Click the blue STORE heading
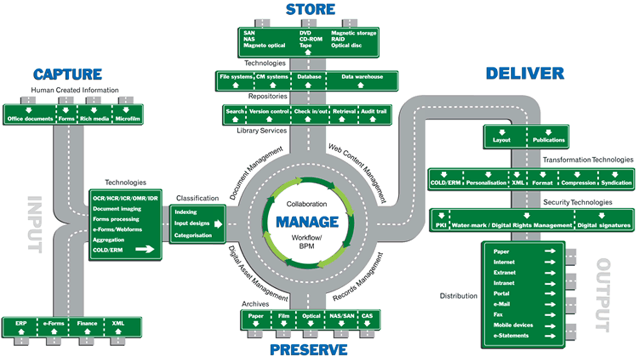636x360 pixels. [310, 10]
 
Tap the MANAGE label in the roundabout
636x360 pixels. [307, 222]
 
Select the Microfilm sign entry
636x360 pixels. [128, 119]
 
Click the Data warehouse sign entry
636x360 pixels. [362, 76]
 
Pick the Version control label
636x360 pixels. [269, 112]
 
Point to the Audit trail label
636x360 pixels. [374, 112]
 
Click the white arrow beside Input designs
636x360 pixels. [218, 224]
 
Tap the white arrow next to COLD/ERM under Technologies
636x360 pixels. [145, 249]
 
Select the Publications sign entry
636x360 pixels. [549, 140]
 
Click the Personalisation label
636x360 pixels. [486, 183]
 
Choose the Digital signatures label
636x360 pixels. [604, 226]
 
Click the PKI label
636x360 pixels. [441, 226]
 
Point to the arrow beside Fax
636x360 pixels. [550, 315]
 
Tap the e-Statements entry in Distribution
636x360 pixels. [511, 336]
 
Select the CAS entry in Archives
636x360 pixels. [367, 316]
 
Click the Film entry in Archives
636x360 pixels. [283, 316]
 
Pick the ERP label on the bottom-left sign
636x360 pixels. [21, 323]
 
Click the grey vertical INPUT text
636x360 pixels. [35, 224]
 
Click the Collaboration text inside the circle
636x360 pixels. [307, 204]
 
